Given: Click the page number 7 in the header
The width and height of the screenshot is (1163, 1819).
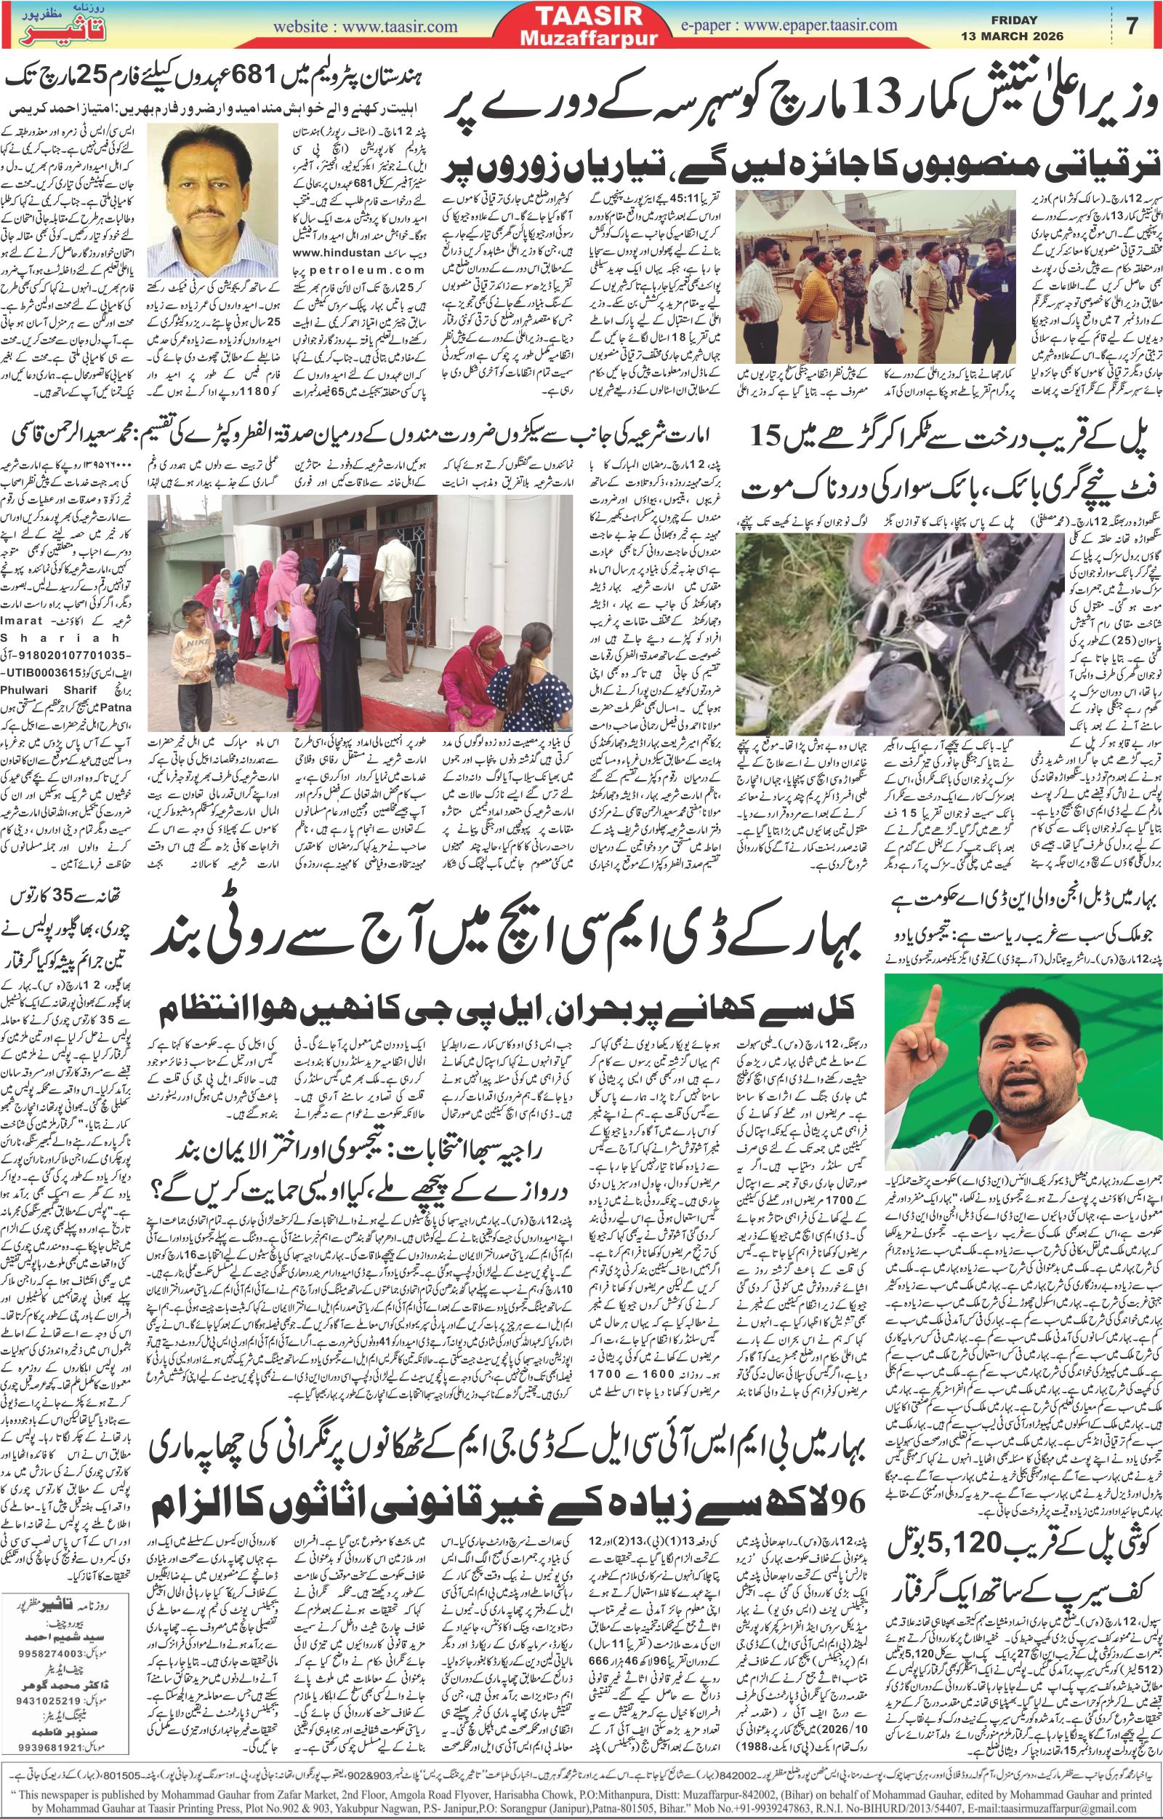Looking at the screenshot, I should (x=1131, y=25).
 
